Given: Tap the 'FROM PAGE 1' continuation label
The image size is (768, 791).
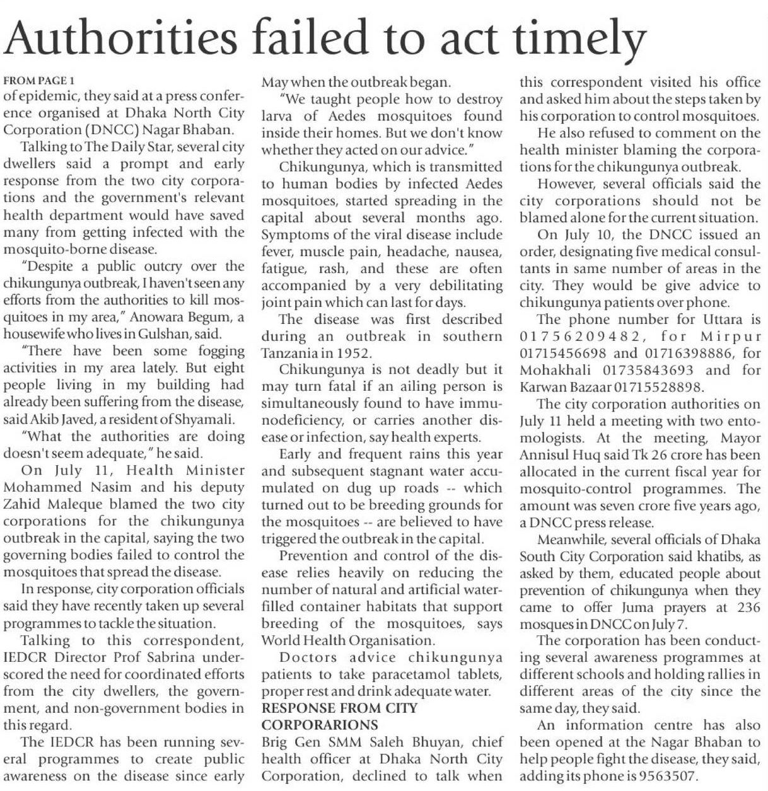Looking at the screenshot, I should [39, 81].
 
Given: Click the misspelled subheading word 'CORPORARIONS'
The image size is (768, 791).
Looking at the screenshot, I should [320, 725].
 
